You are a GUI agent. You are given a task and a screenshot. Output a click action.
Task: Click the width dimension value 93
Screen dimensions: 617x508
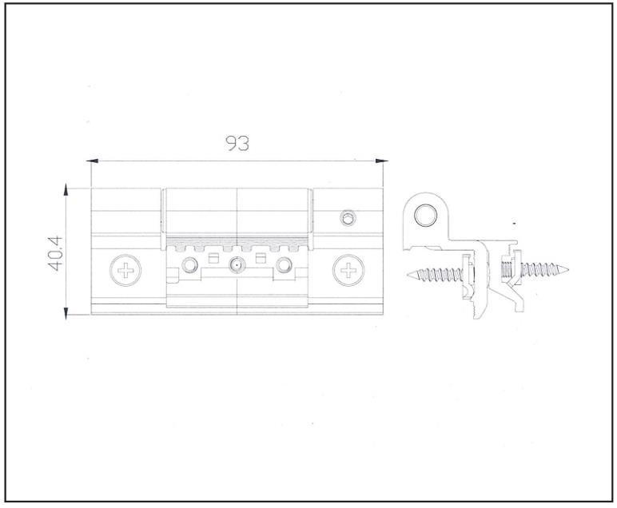tap(237, 143)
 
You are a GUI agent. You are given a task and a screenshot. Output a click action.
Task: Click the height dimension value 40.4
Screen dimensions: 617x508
tap(55, 253)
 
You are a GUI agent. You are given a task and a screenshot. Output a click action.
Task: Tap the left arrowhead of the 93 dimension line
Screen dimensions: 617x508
tap(92, 161)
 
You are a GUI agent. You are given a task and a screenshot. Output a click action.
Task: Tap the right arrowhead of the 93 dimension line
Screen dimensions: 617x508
tap(382, 161)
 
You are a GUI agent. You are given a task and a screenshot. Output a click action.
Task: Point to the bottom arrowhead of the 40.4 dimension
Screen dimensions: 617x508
tap(66, 313)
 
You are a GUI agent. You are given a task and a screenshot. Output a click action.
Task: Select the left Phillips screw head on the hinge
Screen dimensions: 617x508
tap(125, 270)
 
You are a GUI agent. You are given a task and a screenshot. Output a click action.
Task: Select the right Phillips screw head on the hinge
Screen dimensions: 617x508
tap(348, 270)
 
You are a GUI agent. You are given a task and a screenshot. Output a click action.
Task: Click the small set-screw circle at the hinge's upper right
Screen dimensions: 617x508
tap(348, 217)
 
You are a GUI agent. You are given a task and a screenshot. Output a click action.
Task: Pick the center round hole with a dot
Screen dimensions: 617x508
tap(236, 265)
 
